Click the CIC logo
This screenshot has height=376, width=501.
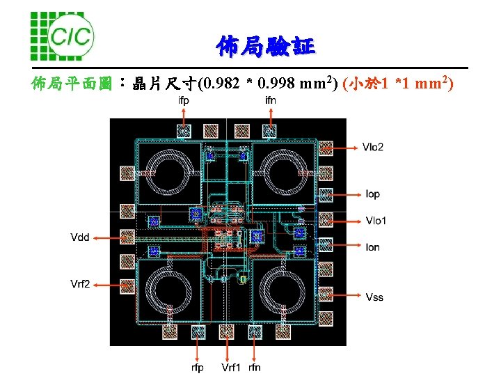click(x=62, y=34)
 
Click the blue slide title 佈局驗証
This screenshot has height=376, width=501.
click(x=265, y=47)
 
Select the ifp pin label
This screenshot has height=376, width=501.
click(x=184, y=100)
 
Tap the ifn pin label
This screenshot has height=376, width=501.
click(x=270, y=100)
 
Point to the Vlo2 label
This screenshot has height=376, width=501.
click(x=373, y=147)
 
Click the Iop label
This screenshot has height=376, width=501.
click(x=373, y=194)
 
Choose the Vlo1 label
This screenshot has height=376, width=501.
click(x=376, y=221)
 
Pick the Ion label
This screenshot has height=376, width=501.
click(x=373, y=247)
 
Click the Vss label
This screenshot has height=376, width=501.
click(x=374, y=297)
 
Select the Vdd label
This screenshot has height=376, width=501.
click(x=80, y=237)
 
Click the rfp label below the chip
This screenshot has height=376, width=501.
click(x=198, y=367)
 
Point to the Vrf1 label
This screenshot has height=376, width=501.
click(x=231, y=367)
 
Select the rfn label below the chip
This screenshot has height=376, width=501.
click(x=255, y=367)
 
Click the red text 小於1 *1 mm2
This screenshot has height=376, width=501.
click(x=401, y=85)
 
